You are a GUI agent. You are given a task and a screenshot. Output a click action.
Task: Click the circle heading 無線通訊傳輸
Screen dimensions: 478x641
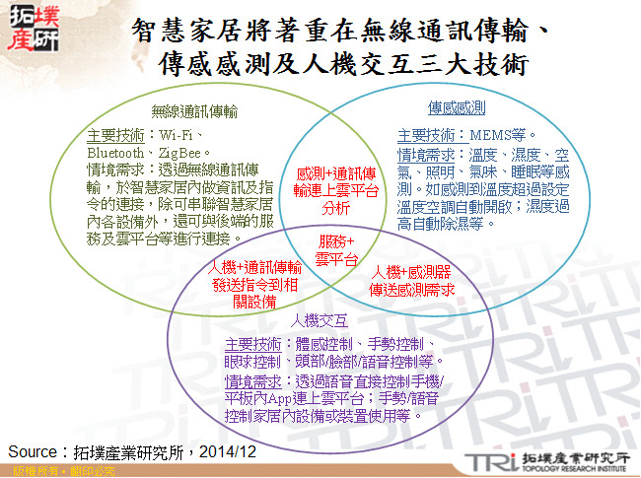195,112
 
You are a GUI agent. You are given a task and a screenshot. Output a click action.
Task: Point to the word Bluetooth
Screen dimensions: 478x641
115,153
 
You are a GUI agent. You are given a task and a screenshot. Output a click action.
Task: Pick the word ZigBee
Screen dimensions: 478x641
179,153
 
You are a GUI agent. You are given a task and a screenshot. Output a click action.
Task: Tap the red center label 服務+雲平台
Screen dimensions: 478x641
334,250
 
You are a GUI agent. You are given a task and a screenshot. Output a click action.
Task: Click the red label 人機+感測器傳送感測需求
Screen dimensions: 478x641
413,280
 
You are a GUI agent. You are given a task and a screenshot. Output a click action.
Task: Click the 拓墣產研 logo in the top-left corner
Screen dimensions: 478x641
32,27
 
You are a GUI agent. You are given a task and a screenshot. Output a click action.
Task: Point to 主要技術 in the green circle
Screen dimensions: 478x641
115,135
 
